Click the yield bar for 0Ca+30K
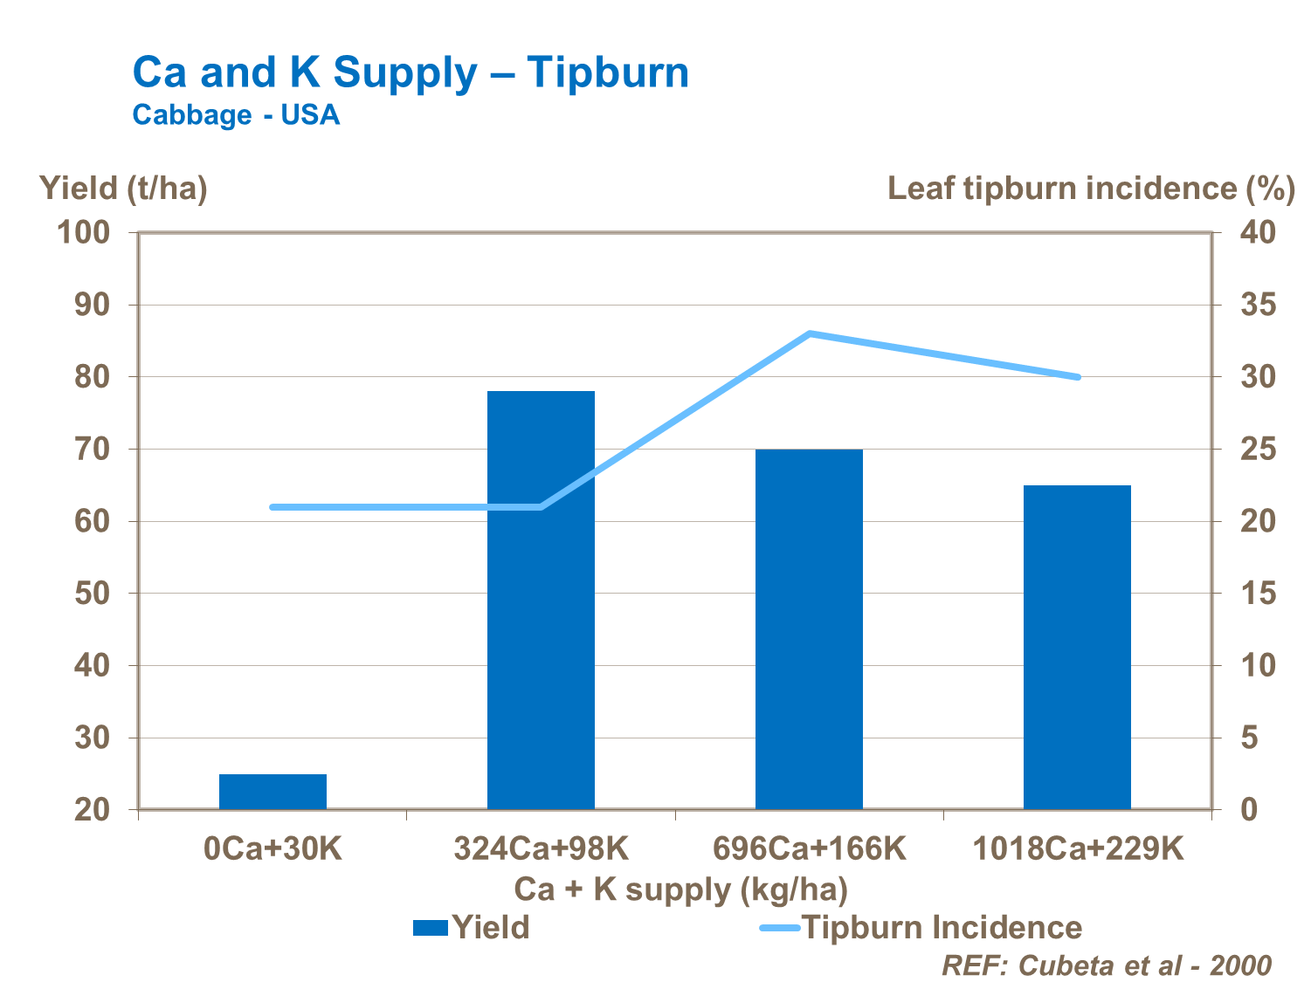(273, 791)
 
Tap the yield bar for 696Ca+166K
(809, 628)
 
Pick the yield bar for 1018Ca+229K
(1077, 647)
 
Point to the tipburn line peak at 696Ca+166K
(810, 333)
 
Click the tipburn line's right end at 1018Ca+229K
(1078, 377)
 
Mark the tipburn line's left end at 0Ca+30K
(273, 507)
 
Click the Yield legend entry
(472, 927)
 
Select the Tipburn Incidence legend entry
(921, 927)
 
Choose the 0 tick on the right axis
(1247, 810)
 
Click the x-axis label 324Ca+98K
(541, 848)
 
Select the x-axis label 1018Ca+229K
(1077, 848)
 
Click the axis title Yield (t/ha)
(123, 188)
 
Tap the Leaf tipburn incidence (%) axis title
(1091, 188)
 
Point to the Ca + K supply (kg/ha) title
(680, 889)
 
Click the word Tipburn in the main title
(608, 72)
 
